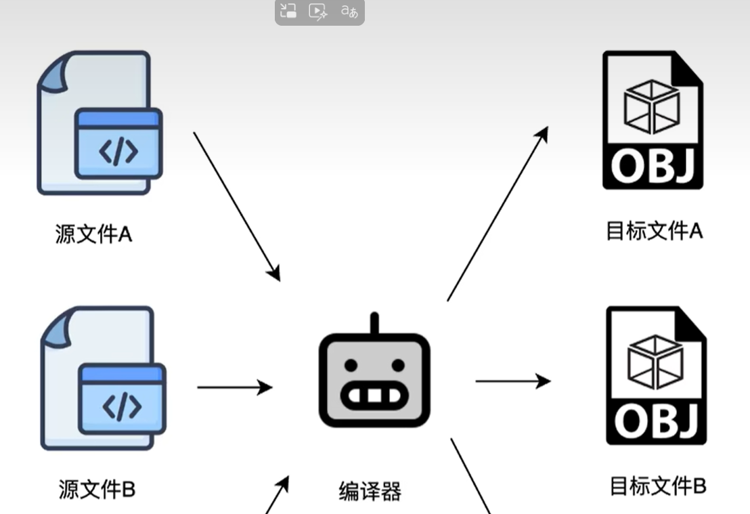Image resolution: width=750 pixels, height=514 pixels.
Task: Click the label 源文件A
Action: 93,234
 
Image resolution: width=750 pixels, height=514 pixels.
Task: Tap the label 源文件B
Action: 97,489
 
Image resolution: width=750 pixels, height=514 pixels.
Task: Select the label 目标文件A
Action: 654,232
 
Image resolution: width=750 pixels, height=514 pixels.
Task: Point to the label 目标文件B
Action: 657,486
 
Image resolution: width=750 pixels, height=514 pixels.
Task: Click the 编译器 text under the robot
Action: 370,491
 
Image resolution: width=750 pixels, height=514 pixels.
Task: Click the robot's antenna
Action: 374,324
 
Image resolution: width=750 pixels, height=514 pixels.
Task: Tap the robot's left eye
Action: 351,366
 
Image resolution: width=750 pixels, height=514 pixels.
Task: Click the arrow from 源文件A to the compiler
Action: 236,206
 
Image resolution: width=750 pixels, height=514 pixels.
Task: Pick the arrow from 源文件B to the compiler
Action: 234,387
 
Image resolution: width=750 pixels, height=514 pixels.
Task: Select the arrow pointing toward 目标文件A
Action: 498,213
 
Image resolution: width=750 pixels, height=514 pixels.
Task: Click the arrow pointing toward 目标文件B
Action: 512,381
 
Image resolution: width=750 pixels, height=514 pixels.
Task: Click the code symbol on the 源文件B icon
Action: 122,406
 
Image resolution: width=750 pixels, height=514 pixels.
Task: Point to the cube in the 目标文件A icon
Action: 651,107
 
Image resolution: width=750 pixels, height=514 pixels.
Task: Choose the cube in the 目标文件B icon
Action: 655,362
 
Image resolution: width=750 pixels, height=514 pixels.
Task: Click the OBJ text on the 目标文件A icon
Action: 653,167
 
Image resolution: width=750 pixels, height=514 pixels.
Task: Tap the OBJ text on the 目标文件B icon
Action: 656,421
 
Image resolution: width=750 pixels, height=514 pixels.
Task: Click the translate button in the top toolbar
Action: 349,12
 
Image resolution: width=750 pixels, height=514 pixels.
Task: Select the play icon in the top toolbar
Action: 317,12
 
